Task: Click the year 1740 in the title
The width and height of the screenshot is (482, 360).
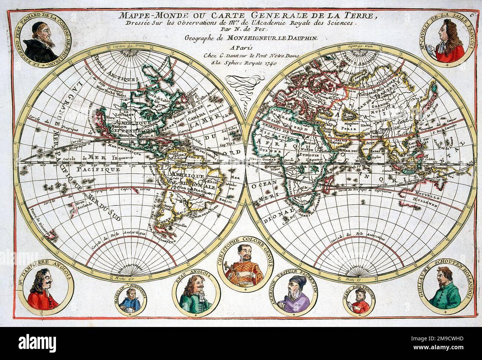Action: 272,62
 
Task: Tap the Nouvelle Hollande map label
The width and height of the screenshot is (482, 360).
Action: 423,199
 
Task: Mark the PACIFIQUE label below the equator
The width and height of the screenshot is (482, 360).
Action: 99,169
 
